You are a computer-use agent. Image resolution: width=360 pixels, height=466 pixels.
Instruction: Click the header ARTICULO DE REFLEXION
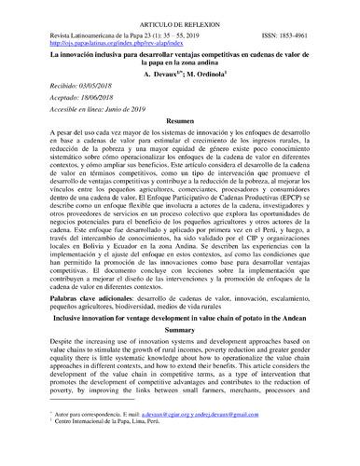coord(181,19)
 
